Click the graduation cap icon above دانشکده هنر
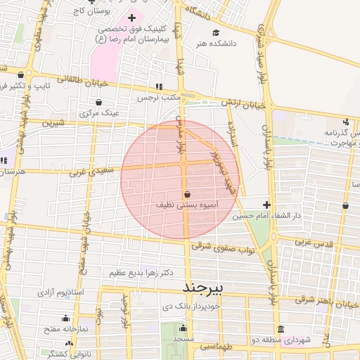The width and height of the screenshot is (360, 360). coord(216,32)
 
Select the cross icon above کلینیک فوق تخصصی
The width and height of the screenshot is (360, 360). coord(131,17)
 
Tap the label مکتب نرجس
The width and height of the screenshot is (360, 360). coord(173,97)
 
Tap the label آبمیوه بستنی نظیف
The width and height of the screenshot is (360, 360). coord(186,205)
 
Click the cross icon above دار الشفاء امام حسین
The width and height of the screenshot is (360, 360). coord(266,204)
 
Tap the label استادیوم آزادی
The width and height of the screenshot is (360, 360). coord(59,291)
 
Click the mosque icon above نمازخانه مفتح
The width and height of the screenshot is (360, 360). coord(65,318)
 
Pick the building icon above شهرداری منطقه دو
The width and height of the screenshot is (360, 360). coord(281,328)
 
